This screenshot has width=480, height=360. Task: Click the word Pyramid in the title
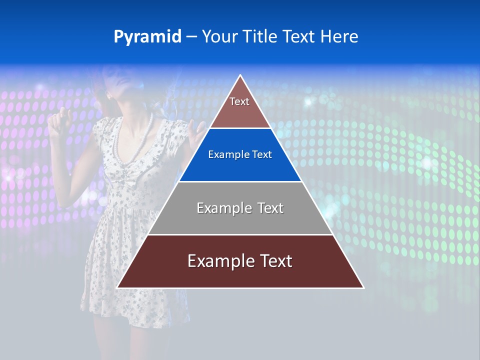pyautogui.click(x=147, y=37)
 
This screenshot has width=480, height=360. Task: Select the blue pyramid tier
pyautogui.click(x=240, y=155)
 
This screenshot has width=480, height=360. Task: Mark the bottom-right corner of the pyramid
pyautogui.click(x=363, y=287)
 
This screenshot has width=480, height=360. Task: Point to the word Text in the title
pyautogui.click(x=299, y=37)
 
